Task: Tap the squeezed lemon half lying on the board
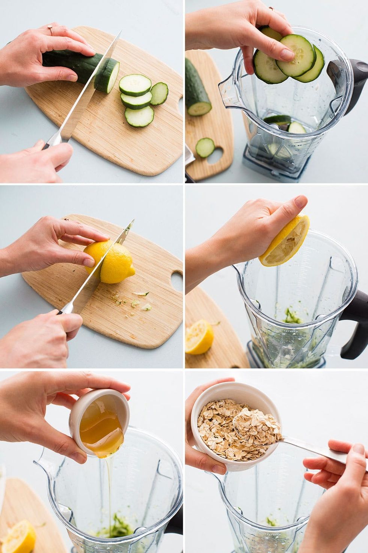click(x=199, y=337)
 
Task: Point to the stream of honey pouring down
click(x=110, y=489)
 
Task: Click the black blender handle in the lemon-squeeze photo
click(x=355, y=323)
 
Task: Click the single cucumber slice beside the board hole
click(x=205, y=147)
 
